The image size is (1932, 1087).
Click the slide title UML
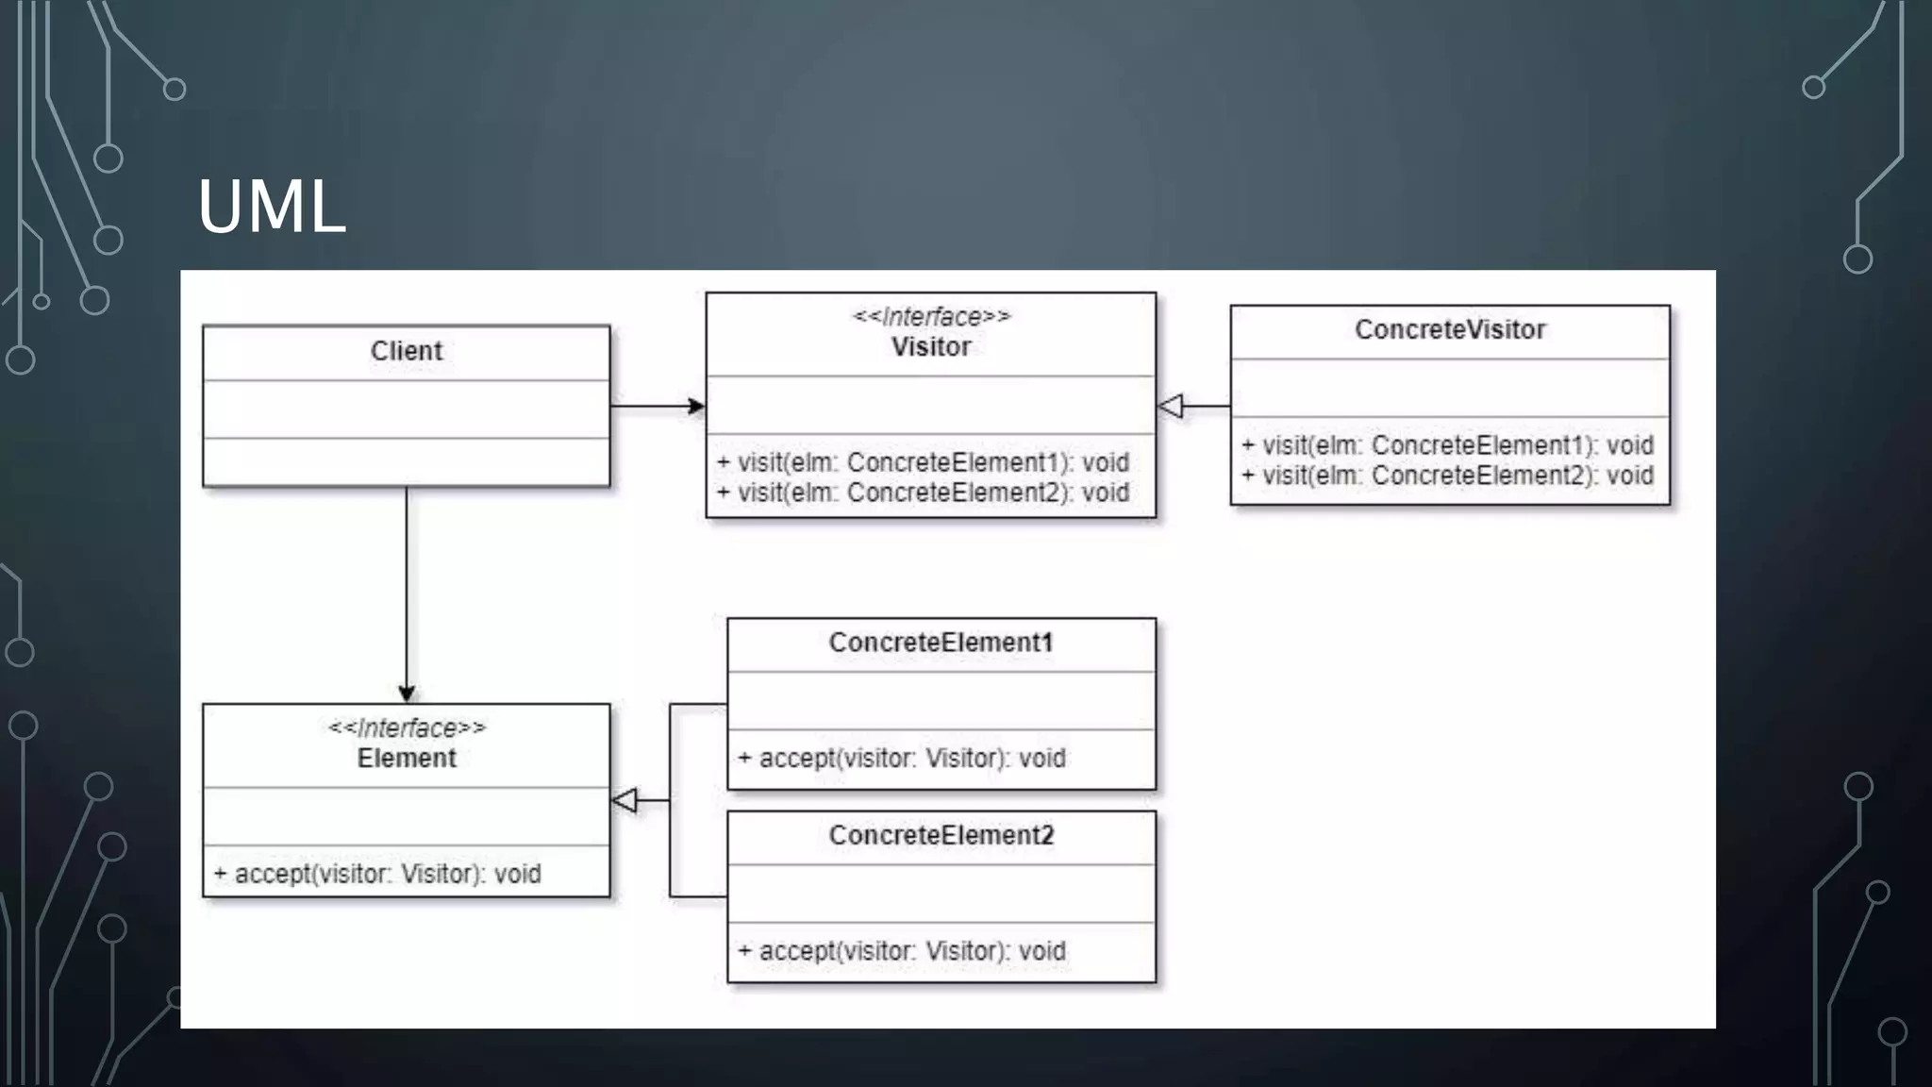tap(272, 208)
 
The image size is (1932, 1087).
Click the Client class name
tap(406, 351)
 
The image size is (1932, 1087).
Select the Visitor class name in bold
tap(930, 347)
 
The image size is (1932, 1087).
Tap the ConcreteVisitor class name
tap(1450, 329)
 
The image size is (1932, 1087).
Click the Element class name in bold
tap(406, 759)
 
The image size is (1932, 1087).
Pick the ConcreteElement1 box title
tap(941, 643)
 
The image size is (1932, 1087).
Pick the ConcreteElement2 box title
tap(941, 836)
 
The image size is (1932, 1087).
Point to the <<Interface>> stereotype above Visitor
tap(930, 317)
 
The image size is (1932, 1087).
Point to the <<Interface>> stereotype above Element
tap(406, 728)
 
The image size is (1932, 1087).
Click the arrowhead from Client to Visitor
tap(696, 407)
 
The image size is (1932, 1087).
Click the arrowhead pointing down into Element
tap(407, 694)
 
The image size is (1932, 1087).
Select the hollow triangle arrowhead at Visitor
tap(1171, 407)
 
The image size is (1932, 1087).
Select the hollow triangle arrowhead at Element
tap(625, 801)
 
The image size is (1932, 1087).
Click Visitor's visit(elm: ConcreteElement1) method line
tap(923, 462)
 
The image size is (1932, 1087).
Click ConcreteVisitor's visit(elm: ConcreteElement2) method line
tap(1447, 476)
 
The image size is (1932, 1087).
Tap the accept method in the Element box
tap(377, 874)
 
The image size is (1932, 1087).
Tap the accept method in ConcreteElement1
tap(902, 759)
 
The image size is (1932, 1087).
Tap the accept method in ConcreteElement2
tap(902, 951)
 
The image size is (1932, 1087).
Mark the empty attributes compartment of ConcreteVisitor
tap(1450, 388)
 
